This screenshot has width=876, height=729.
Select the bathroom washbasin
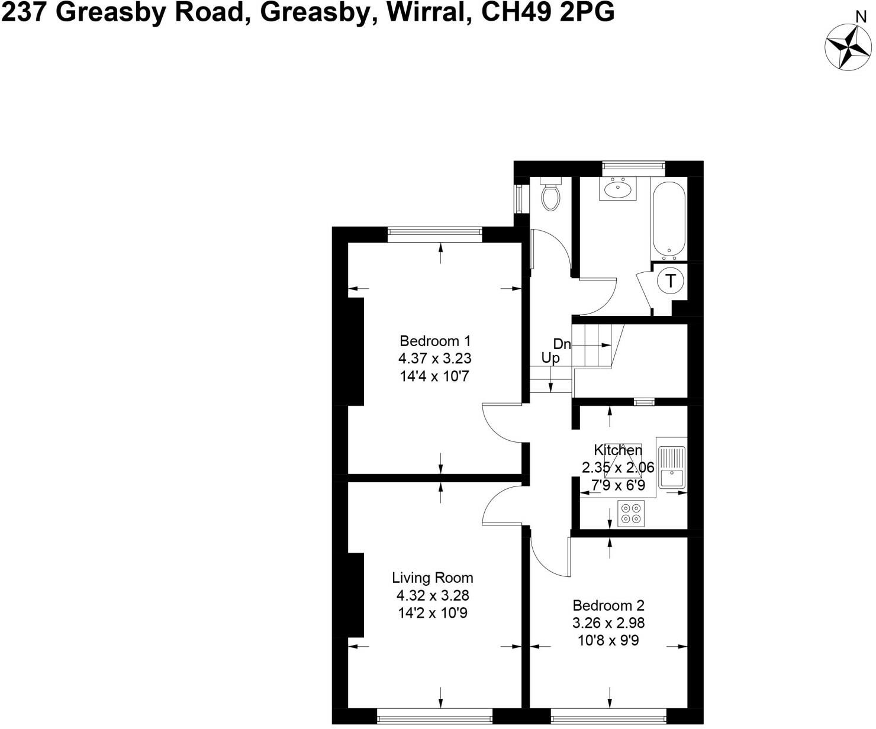click(x=618, y=189)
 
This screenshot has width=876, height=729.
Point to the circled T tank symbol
click(x=671, y=280)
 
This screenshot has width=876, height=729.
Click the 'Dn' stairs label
click(x=562, y=344)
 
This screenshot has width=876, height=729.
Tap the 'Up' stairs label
click(x=550, y=358)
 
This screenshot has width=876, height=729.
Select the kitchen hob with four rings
click(x=630, y=513)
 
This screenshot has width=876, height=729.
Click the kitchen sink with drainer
click(x=672, y=467)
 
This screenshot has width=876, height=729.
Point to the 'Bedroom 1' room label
click(x=435, y=341)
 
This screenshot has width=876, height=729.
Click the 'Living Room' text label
click(x=433, y=578)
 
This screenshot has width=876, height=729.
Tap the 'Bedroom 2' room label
click(x=608, y=605)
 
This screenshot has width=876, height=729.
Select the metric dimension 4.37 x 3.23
click(x=435, y=359)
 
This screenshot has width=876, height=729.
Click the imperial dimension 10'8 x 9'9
click(x=608, y=640)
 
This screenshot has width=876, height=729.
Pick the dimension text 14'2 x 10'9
click(x=433, y=613)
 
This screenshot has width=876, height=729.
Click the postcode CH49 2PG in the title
click(x=547, y=12)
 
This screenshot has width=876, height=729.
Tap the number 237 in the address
click(x=24, y=12)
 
